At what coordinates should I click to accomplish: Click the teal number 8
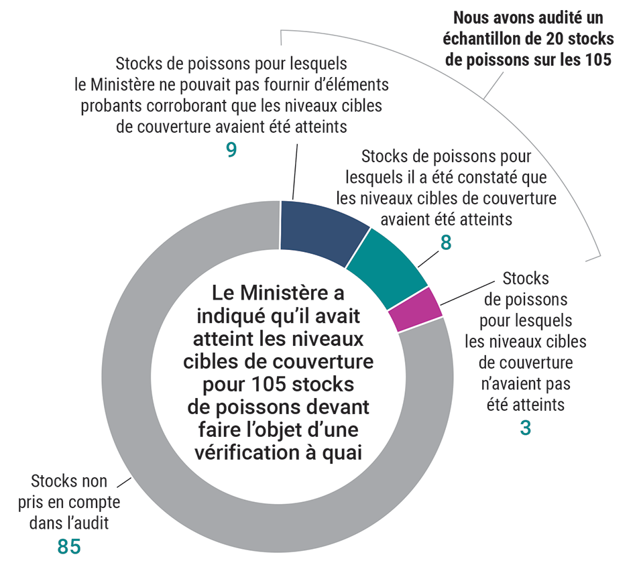pos(445,243)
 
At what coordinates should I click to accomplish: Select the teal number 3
pos(525,428)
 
